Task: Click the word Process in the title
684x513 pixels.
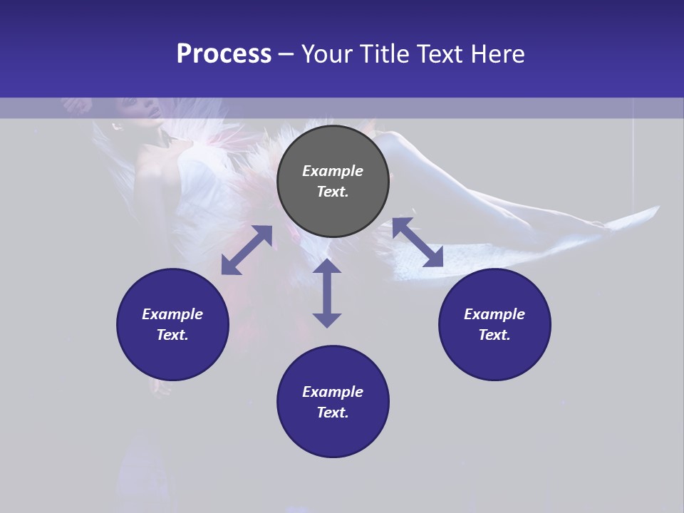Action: point(224,54)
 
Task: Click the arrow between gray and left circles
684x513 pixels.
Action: point(247,250)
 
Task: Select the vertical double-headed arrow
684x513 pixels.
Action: point(327,293)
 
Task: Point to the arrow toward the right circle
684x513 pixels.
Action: point(418,242)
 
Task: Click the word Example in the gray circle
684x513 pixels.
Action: point(333,171)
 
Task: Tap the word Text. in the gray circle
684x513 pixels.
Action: point(333,192)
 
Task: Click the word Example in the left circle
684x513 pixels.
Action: point(172,314)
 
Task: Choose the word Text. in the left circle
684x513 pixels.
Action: point(172,335)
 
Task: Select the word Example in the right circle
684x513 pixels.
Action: point(494,314)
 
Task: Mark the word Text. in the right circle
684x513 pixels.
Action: point(494,335)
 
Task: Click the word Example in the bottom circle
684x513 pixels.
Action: point(333,392)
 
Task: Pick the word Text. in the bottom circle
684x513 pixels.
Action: point(333,413)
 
